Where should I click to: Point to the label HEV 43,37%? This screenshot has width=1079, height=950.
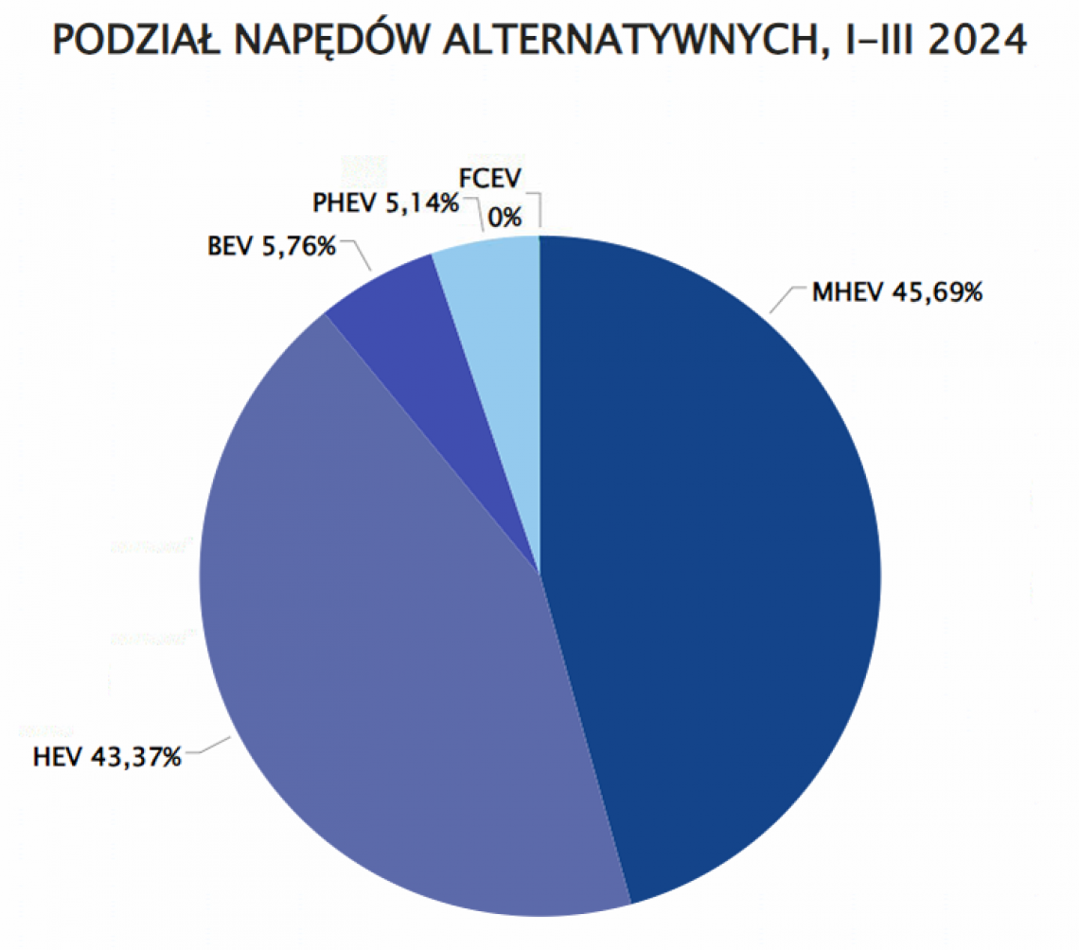pos(107,757)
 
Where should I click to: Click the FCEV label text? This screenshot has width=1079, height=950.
pos(490,178)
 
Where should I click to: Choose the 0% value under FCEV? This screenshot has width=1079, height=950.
pos(504,218)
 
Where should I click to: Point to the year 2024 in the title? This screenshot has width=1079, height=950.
pos(977,44)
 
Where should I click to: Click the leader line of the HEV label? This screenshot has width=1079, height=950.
pos(205,746)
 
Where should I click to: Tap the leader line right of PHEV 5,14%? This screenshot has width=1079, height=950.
pos(473,212)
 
